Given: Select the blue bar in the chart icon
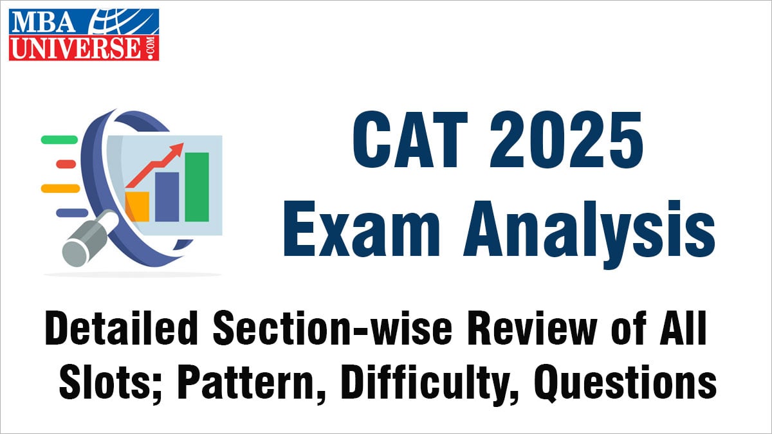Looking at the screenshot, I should (x=167, y=196).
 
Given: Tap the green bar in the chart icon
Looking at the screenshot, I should (x=197, y=186).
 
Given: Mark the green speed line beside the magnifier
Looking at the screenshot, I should (x=59, y=139).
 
